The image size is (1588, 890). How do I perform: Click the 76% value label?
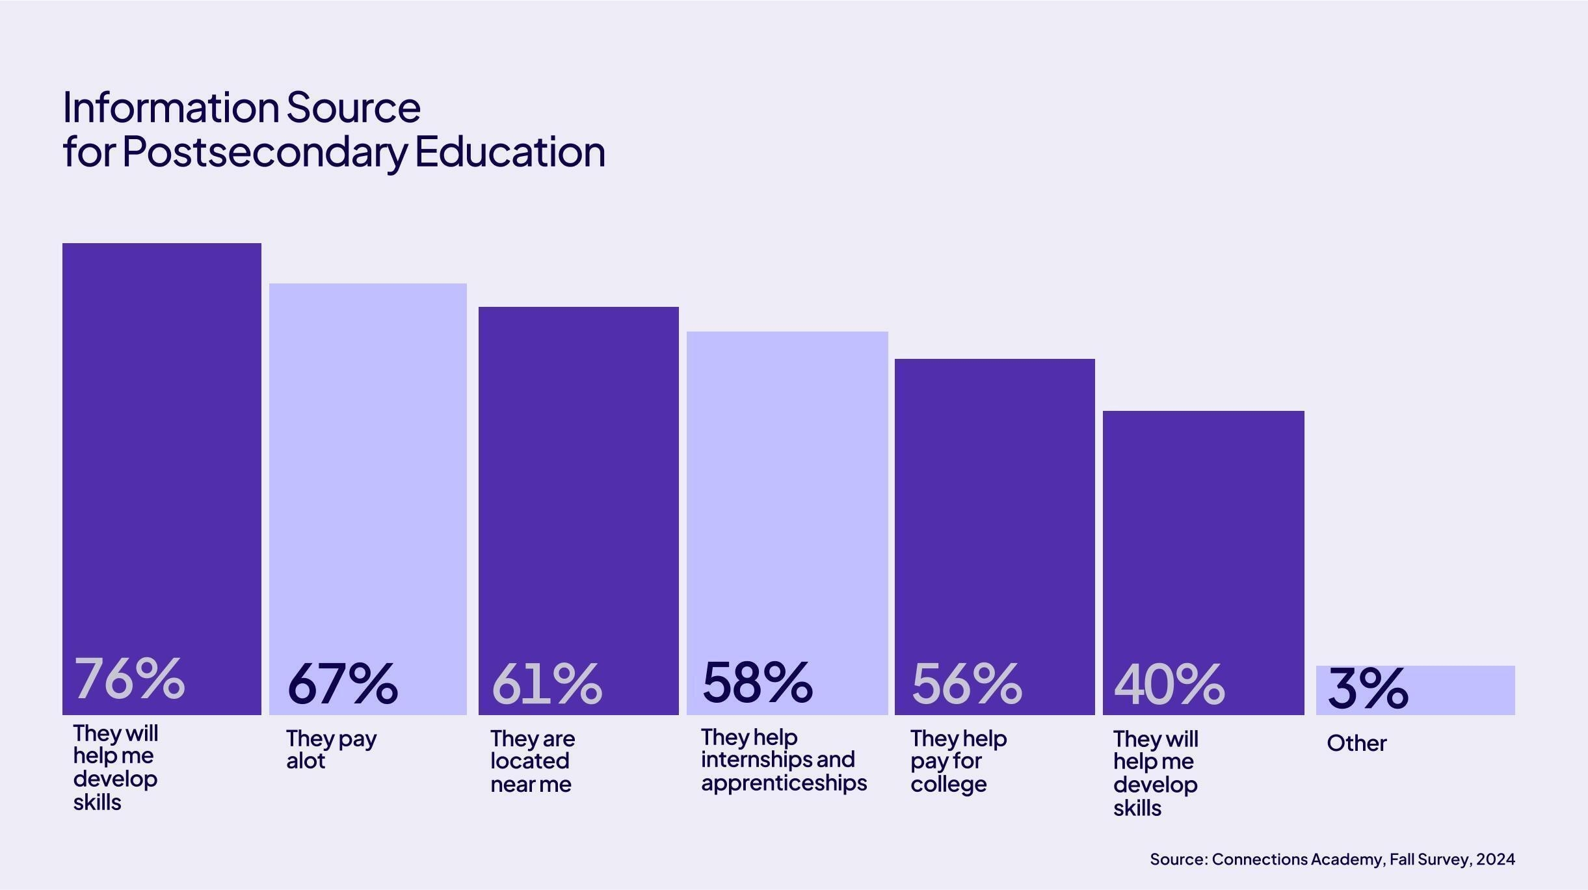coord(129,679)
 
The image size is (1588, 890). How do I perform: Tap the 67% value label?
coord(342,684)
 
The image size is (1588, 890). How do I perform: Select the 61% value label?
coord(547,684)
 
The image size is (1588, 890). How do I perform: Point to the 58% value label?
coord(758,682)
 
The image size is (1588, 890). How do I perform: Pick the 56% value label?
coord(966,684)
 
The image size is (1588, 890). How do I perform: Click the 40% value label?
coord(1169,685)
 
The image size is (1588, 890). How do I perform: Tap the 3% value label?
coord(1368,688)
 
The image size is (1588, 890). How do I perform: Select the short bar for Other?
coord(1463,690)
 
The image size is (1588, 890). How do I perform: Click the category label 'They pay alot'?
coord(331,750)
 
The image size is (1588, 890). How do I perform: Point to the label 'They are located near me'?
coord(532,761)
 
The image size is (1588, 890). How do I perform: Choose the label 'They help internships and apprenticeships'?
coord(784,760)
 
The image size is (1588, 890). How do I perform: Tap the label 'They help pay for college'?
coord(958,761)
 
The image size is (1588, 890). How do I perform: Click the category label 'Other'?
coord(1356,743)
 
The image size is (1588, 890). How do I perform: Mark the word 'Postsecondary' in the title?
coord(264,152)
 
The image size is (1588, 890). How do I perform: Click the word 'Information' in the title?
coord(170,107)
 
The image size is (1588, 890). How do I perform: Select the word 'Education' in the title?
coord(510,152)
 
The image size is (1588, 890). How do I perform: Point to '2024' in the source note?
coord(1495,859)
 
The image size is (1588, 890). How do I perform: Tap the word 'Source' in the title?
coord(353,107)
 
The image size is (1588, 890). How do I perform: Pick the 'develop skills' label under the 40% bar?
coord(1155,796)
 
